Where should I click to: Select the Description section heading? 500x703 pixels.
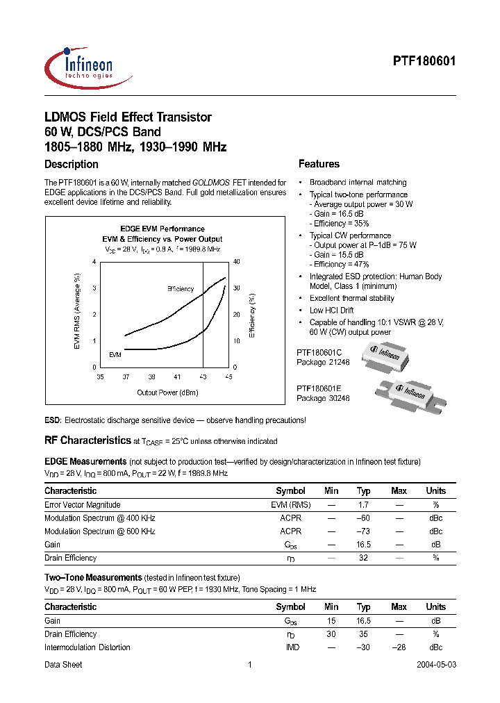(72, 165)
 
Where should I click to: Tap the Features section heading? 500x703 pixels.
(319, 165)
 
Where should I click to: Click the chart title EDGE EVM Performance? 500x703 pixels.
(162, 229)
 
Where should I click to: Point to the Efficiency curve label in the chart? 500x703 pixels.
(181, 288)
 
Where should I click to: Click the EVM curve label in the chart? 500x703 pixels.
(115, 354)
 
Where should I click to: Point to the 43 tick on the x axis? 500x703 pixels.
(203, 376)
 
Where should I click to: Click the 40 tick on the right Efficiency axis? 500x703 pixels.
(236, 262)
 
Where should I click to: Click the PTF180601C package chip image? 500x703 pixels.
(380, 355)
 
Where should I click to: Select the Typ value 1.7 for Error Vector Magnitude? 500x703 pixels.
(363, 505)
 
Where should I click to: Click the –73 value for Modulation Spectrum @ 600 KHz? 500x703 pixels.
(363, 531)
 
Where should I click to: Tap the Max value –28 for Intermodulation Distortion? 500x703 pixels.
(399, 647)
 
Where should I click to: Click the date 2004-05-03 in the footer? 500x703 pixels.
(436, 665)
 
